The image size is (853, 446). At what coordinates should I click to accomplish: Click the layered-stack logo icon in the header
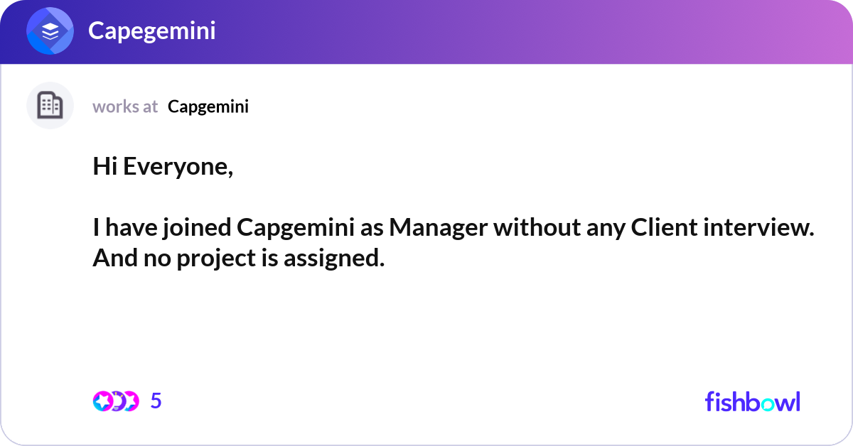tap(50, 31)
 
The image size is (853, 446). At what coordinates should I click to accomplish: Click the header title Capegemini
tap(151, 31)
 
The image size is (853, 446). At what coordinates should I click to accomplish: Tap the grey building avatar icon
tap(50, 106)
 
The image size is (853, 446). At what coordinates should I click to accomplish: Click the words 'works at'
tap(125, 107)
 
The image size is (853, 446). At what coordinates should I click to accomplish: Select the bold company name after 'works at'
tap(208, 107)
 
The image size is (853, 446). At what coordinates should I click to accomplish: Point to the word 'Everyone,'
tap(176, 168)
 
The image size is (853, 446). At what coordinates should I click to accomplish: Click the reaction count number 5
tap(156, 401)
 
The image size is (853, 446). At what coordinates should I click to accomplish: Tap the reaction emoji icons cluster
tap(115, 401)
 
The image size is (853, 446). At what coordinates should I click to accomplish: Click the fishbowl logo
tap(752, 401)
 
